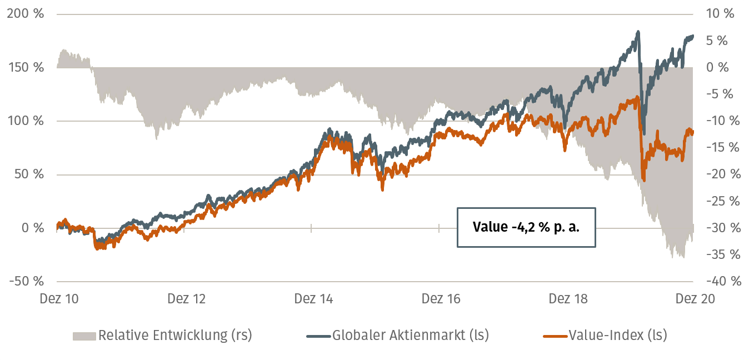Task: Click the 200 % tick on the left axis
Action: [26, 14]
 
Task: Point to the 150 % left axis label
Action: [26, 67]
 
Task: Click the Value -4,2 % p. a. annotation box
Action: [526, 227]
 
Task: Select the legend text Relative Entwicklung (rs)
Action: [175, 336]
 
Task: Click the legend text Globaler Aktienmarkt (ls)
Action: [411, 336]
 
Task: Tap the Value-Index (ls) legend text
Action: [617, 336]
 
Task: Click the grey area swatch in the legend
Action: [84, 336]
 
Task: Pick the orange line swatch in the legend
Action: [555, 336]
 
